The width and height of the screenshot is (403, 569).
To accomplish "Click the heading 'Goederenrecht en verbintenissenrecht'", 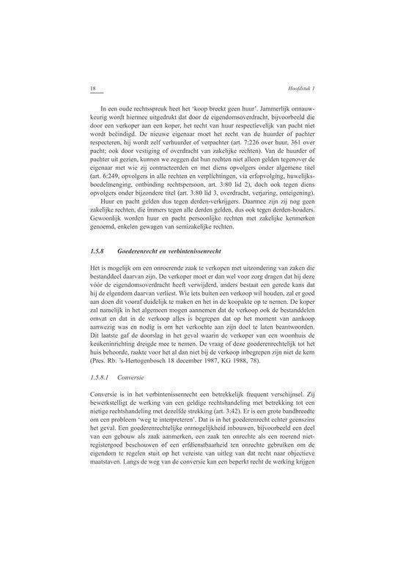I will (164, 251).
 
